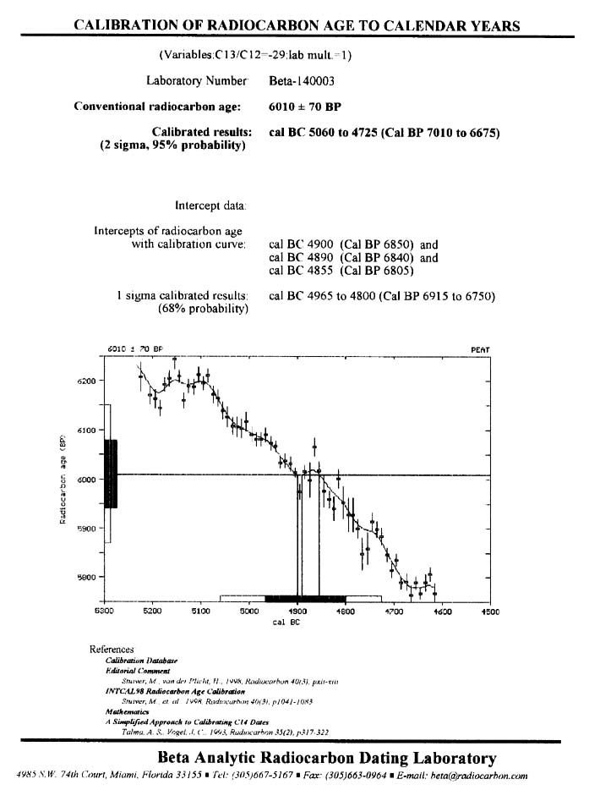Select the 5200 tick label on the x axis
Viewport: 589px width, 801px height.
pos(152,610)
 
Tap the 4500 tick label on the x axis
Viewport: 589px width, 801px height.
pos(490,610)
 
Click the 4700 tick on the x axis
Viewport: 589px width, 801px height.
pos(394,610)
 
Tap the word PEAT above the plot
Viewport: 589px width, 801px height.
pos(479,349)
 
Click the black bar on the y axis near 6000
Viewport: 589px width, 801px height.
pos(111,474)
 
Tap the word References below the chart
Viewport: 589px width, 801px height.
pos(111,650)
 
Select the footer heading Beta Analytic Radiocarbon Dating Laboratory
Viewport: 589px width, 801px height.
pos(326,757)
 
